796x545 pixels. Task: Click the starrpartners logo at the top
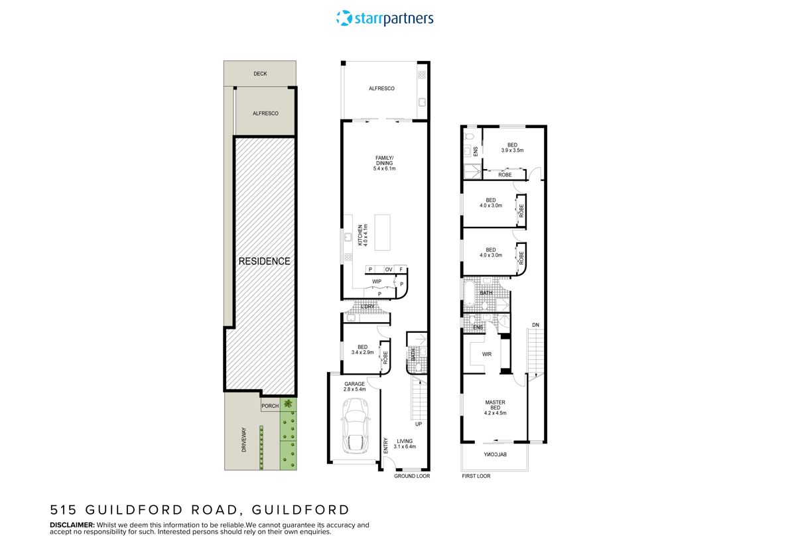385,18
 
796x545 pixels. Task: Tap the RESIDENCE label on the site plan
264,261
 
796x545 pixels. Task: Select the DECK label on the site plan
260,74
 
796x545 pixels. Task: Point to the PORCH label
270,406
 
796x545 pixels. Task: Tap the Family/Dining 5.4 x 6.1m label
384,163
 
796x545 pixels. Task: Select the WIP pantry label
377,282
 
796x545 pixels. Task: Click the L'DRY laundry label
368,306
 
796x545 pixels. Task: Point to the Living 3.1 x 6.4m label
405,444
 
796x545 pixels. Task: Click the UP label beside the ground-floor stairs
419,424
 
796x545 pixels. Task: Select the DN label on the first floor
535,324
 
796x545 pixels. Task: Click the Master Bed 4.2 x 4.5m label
495,407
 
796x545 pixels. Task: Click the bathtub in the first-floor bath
469,293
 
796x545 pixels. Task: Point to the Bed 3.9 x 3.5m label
512,148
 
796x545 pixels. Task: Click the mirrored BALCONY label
494,455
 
